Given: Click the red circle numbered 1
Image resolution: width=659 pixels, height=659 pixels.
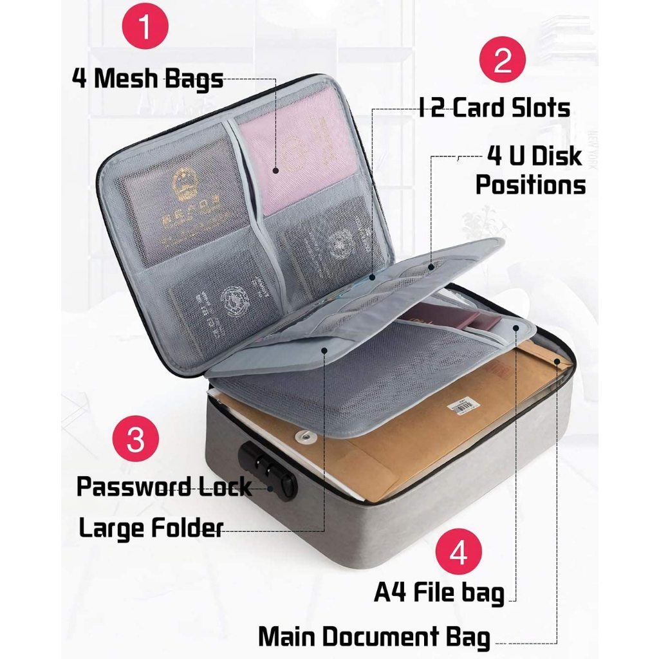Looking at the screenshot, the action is point(145,26).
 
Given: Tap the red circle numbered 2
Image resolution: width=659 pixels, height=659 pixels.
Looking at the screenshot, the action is point(503,60).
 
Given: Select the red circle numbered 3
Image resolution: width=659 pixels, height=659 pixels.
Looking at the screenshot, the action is point(136,438).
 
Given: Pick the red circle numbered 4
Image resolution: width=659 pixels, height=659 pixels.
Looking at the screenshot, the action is point(458,552).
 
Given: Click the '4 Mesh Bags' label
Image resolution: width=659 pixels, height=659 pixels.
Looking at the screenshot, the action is point(147,79).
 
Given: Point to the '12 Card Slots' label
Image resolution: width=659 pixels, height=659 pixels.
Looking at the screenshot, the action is point(494,107).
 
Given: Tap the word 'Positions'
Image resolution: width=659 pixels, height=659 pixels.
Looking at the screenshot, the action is point(530,185).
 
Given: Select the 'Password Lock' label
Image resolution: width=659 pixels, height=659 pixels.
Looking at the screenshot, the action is point(164,487).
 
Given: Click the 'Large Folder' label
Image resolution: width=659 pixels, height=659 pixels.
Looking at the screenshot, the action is point(151,528).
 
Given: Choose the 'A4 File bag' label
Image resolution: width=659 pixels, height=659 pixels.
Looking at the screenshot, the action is point(439,593).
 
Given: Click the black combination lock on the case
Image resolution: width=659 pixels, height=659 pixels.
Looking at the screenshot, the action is point(268,469).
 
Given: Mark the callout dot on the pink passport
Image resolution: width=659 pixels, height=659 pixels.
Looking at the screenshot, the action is point(275,170).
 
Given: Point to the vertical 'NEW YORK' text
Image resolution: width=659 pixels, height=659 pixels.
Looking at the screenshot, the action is point(592,149).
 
